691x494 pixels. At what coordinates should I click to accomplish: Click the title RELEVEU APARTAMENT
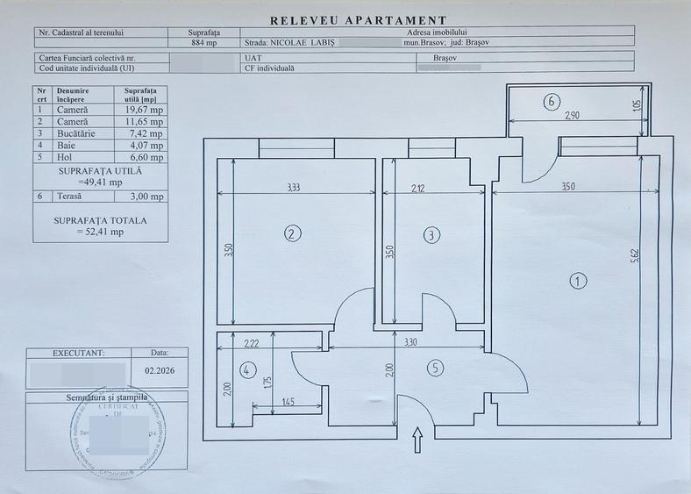point(358,20)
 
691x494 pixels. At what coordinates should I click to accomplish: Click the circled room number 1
point(578,281)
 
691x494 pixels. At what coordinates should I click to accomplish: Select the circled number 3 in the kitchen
point(431,234)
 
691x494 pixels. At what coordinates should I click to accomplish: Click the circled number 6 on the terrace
point(552,102)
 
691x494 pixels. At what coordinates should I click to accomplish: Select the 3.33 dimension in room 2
point(294,187)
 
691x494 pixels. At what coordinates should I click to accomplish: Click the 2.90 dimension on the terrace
point(571,116)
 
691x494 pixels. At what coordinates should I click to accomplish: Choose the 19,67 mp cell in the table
point(143,111)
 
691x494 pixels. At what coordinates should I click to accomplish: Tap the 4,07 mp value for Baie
point(143,146)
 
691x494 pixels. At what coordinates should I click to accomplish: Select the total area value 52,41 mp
point(100,232)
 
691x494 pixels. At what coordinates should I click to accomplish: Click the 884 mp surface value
point(203,41)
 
